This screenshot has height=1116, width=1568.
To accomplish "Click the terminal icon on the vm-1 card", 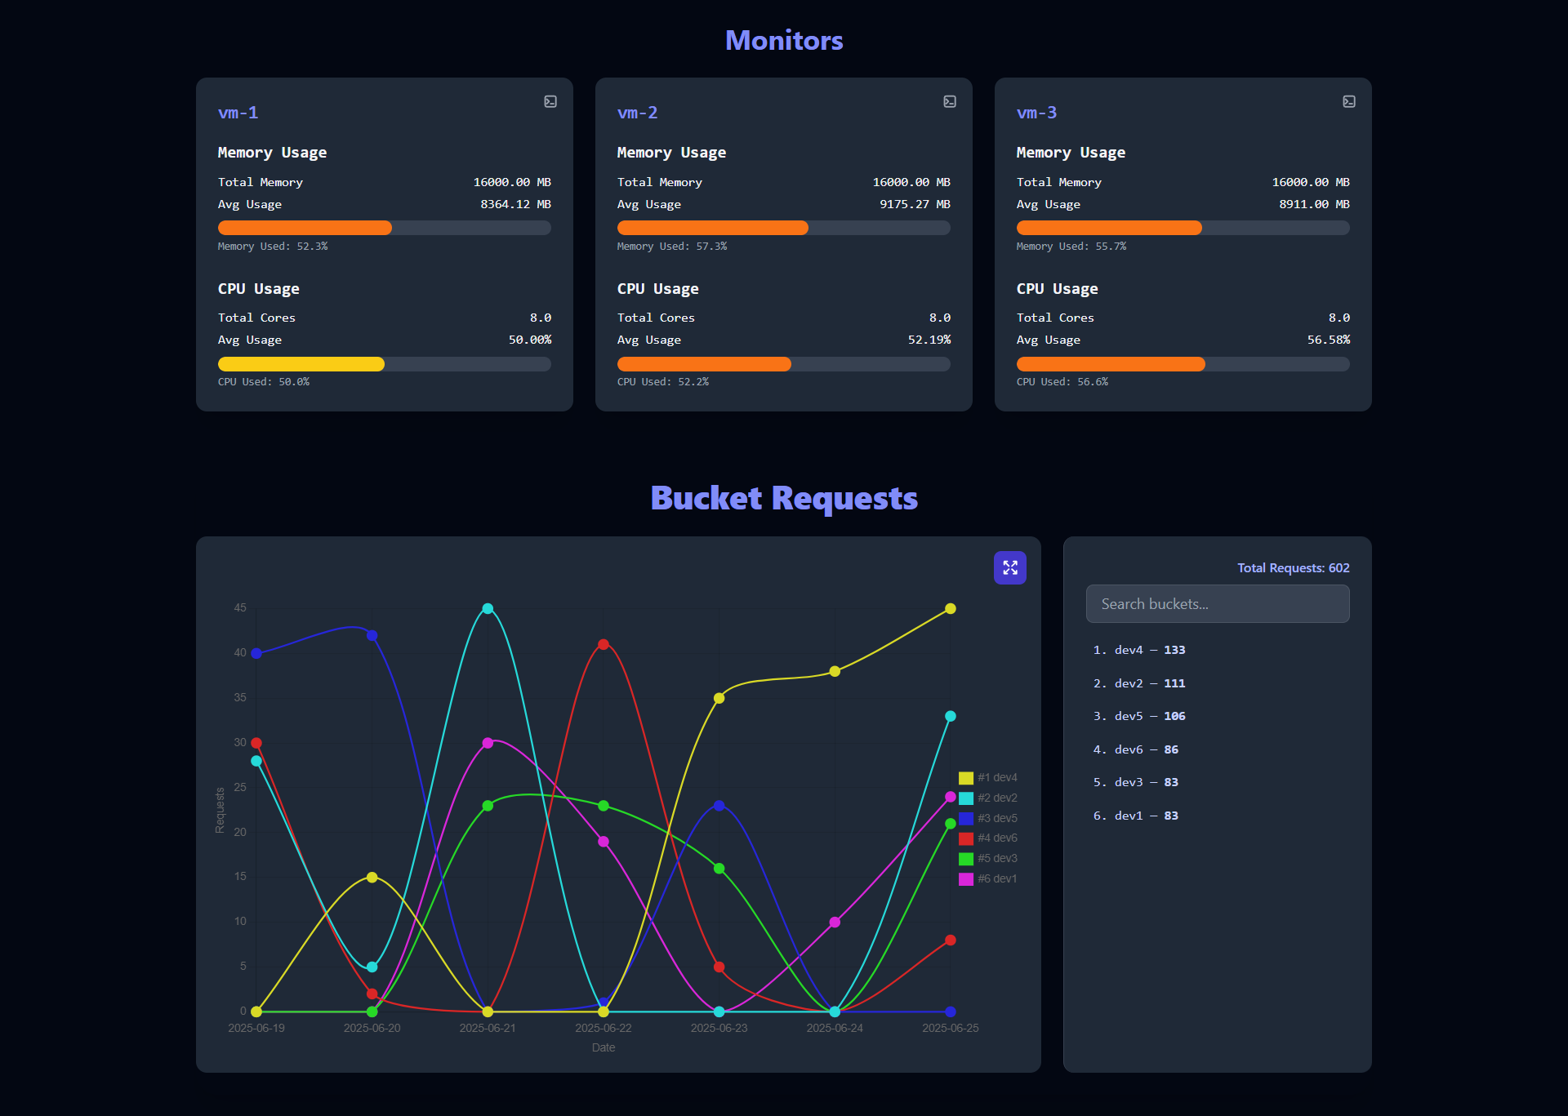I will coord(550,101).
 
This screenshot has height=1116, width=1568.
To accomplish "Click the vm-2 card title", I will coord(637,113).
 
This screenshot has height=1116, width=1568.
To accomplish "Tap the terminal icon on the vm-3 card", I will coord(1349,101).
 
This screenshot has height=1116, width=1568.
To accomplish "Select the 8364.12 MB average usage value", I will coord(515,204).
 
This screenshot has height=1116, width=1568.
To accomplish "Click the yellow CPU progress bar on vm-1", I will coord(301,364).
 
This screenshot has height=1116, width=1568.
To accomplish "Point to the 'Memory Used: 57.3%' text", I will coord(671,247).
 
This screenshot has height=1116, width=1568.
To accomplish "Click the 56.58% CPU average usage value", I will coord(1328,340).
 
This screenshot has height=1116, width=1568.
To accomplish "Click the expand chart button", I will coord(1009,567).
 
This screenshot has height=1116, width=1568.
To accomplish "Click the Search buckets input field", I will coord(1217,604).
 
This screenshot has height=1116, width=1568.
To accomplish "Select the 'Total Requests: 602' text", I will coord(1293,568).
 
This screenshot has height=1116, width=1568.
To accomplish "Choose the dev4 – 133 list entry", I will coord(1139,650).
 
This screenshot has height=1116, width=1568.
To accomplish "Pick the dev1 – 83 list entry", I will coord(1136,816).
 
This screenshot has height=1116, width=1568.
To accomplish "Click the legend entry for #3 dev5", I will coord(989,818).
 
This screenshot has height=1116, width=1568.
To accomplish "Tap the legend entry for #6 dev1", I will coord(989,878).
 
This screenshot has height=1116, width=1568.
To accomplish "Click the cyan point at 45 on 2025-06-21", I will coord(488,608).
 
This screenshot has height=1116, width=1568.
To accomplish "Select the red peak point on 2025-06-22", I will coord(604,644).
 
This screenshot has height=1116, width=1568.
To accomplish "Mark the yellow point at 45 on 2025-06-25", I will coord(951,608).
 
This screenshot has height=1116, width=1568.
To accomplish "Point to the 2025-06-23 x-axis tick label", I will coord(719,1028).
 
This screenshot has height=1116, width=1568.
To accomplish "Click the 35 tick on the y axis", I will coord(240,697).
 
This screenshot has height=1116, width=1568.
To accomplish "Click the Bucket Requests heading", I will coord(784,498).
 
